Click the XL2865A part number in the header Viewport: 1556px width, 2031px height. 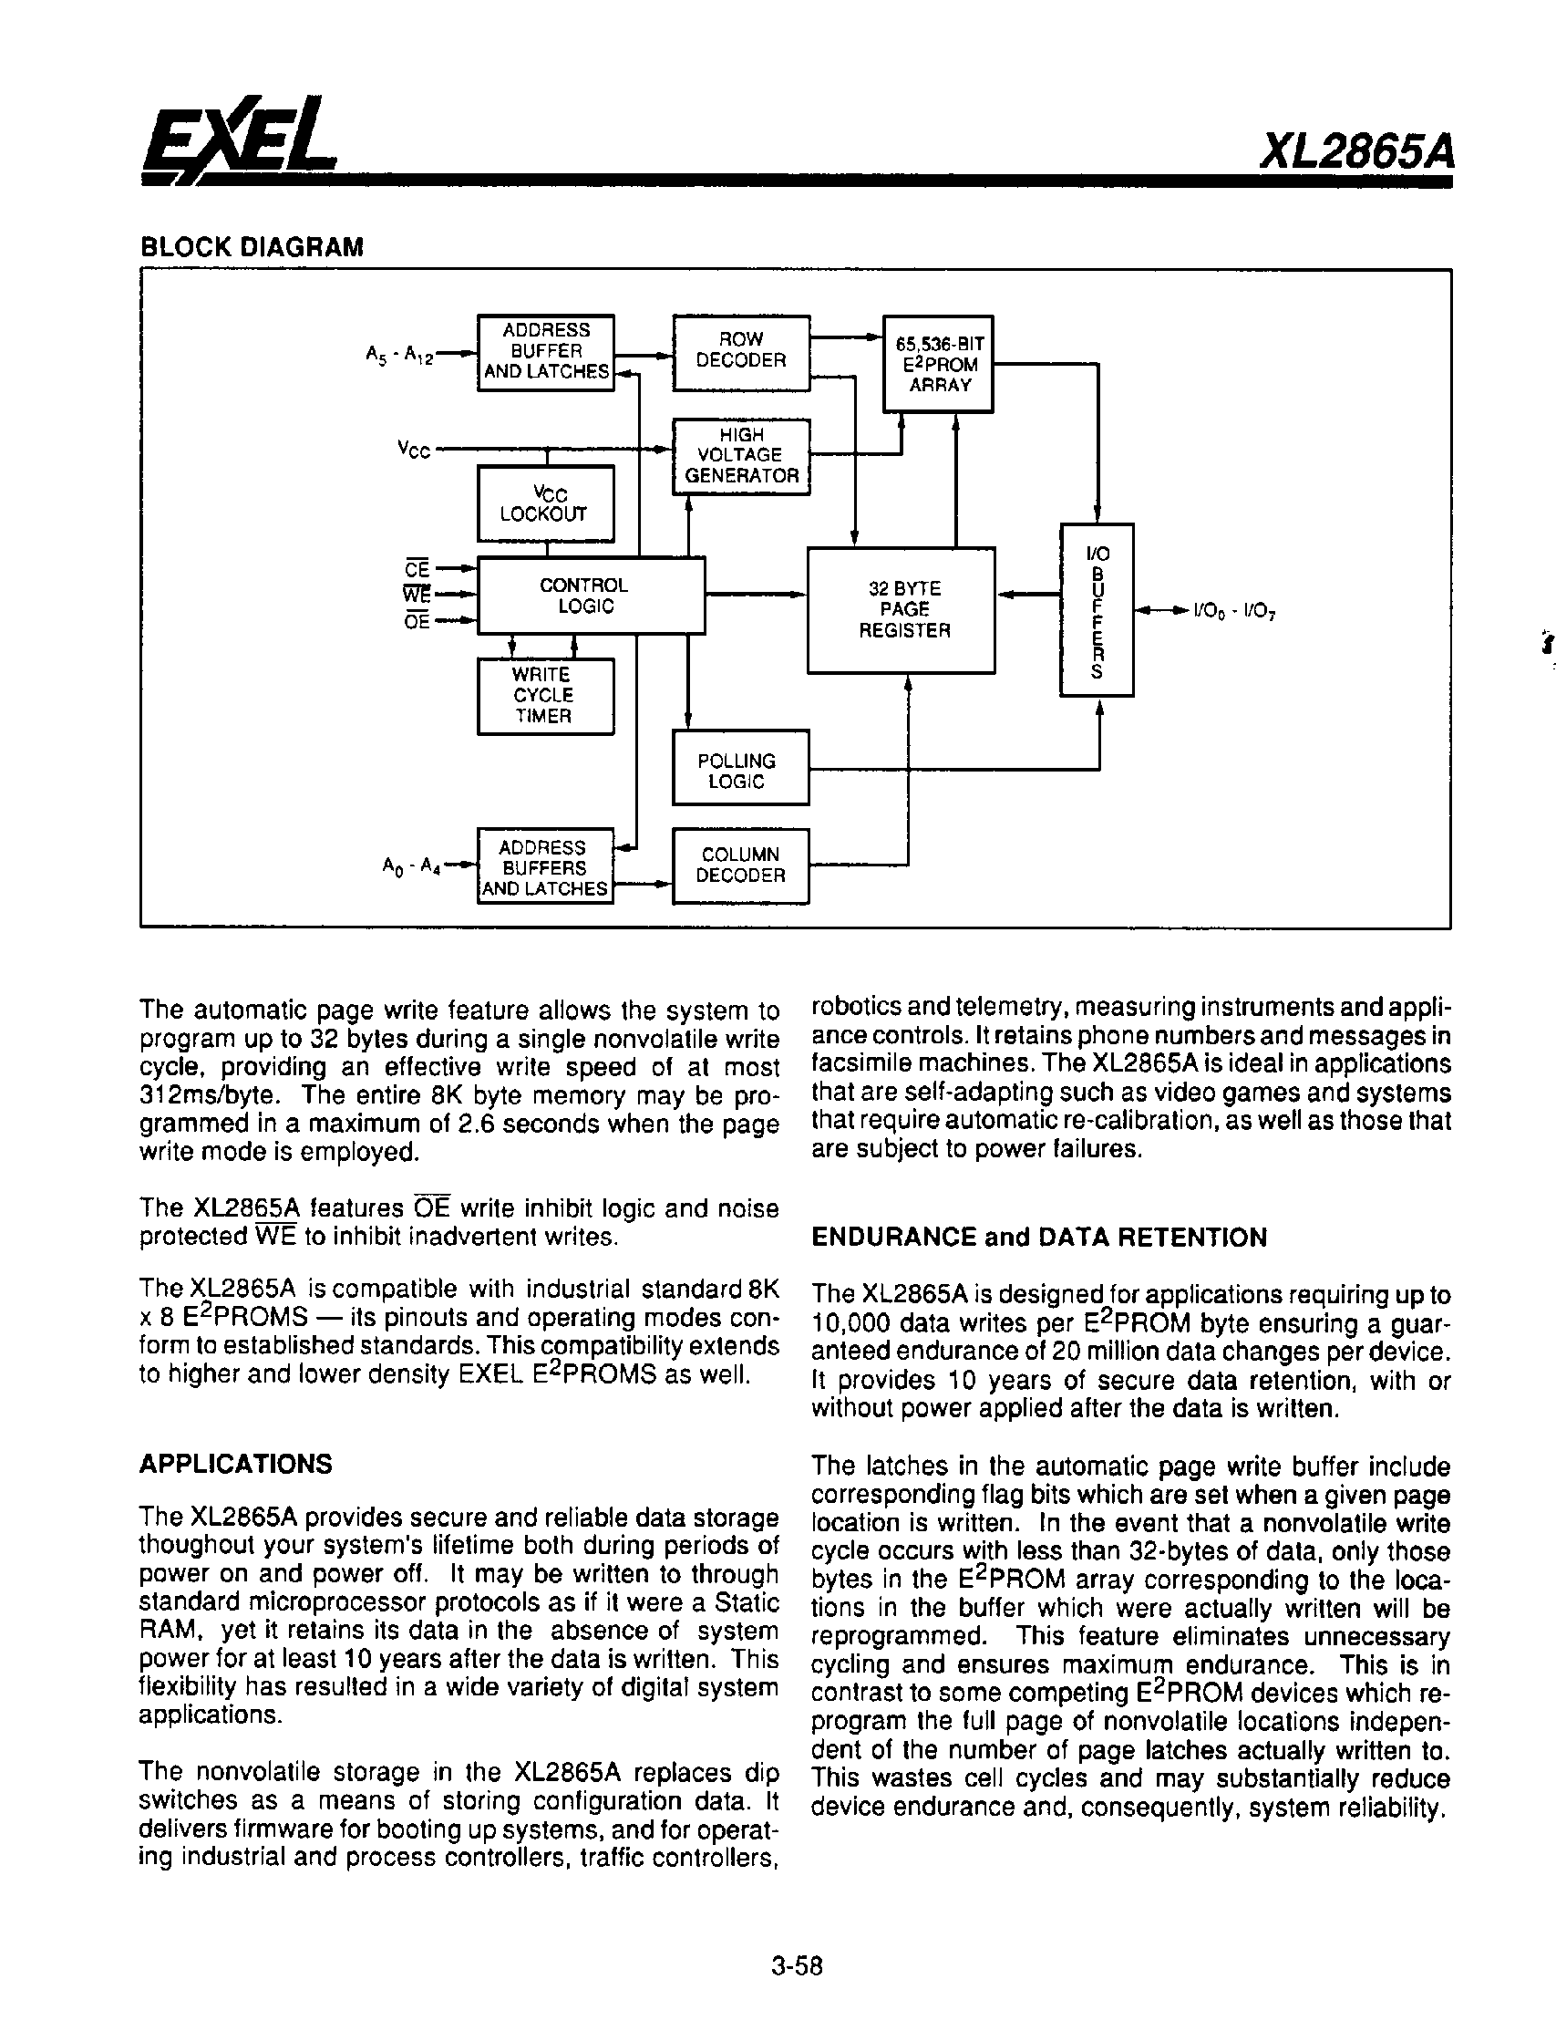(x=1356, y=153)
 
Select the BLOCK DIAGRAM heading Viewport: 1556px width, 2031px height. (x=252, y=247)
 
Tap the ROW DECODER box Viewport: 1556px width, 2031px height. (x=740, y=352)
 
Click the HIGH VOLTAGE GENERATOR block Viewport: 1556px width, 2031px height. (x=740, y=456)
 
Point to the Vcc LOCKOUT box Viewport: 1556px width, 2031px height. (x=544, y=503)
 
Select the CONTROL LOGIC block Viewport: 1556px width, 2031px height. (x=590, y=596)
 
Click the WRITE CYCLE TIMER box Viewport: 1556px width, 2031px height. (x=544, y=696)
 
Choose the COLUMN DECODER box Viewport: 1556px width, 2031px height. (x=739, y=865)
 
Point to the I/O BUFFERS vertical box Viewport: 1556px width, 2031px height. (x=1097, y=610)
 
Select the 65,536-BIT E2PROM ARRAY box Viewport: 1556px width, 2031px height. (x=937, y=363)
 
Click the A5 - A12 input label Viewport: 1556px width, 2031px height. (x=399, y=355)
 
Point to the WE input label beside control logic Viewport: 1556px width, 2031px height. (x=417, y=595)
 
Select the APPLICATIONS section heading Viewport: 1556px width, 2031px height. (x=235, y=1464)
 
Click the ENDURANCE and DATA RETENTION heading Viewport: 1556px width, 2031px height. (x=1038, y=1238)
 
